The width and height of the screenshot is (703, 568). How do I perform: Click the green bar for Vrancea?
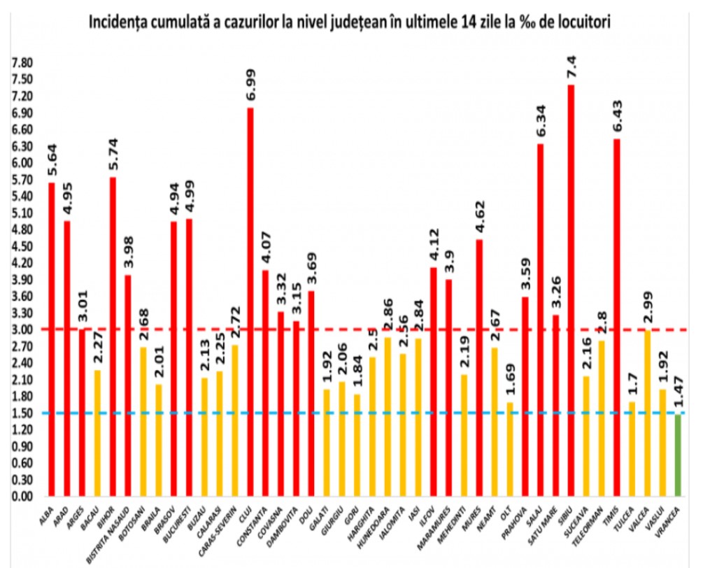point(677,455)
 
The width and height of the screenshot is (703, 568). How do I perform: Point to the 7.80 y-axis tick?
point(21,63)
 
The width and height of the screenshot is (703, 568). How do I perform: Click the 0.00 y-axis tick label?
point(21,497)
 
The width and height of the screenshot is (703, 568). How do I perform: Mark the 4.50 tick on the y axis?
point(21,246)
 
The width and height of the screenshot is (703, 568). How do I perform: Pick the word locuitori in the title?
point(585,22)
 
